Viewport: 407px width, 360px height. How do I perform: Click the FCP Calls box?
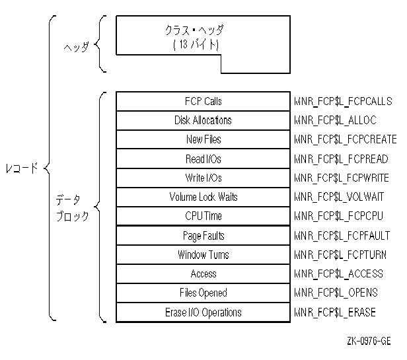(203, 101)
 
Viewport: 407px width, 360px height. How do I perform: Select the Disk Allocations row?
(203, 120)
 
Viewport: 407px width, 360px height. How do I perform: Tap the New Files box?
(203, 139)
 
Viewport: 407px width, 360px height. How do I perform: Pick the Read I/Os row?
(203, 159)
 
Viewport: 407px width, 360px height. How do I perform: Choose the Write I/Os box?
(203, 178)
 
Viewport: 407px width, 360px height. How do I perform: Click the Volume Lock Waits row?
(203, 197)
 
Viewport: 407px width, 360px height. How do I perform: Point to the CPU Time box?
(203, 216)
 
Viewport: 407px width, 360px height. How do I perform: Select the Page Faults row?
(203, 236)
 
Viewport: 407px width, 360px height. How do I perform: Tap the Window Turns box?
(203, 255)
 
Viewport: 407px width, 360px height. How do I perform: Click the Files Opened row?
(203, 293)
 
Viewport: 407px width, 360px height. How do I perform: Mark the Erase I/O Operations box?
(203, 312)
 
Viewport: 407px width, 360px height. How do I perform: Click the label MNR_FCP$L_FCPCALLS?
(343, 102)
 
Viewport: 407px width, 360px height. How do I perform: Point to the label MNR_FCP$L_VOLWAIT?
(338, 198)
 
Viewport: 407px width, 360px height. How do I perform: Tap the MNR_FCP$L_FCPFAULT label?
(342, 236)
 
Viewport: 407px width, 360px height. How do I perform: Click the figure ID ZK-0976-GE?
(368, 341)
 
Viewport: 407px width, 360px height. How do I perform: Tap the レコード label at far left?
(20, 168)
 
